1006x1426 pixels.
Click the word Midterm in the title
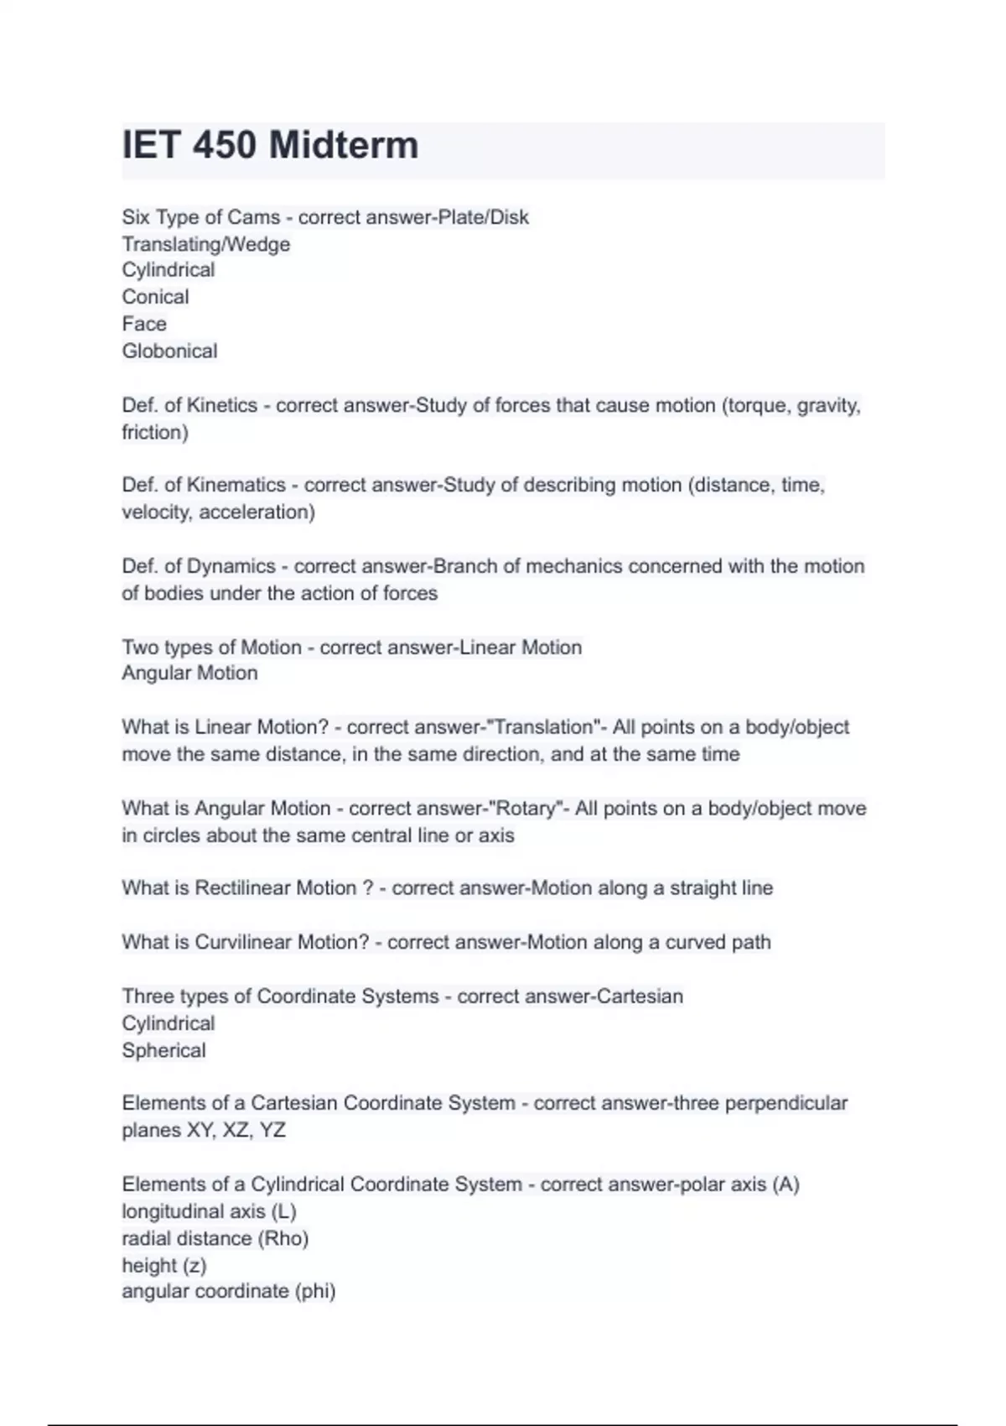(344, 145)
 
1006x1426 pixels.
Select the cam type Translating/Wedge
(206, 244)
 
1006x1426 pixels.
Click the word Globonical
(169, 351)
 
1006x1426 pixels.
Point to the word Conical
(155, 297)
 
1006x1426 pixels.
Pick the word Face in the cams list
(144, 324)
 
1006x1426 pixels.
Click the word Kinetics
(221, 405)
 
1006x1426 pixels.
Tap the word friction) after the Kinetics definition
(155, 432)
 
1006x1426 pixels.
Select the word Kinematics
(236, 485)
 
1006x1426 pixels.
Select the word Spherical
(163, 1050)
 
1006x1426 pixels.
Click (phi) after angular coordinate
(315, 1291)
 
